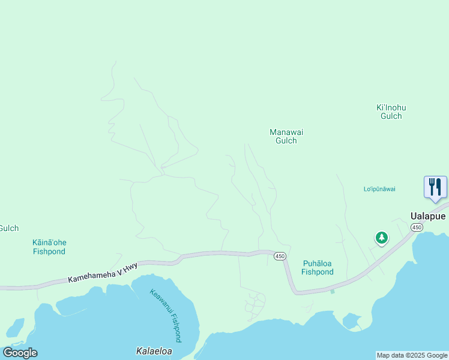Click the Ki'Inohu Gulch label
point(391,112)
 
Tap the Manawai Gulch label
point(283,136)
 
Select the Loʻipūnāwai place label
point(379,189)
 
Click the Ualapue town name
point(427,216)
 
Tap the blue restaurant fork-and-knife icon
point(435,187)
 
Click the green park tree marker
point(381,238)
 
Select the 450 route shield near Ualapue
point(417,227)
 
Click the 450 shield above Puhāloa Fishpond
point(279,256)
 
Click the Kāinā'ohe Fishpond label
point(49,247)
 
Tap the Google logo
point(20,353)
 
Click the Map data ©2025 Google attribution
point(412,355)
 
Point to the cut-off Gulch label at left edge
point(9,228)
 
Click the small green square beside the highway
point(332,292)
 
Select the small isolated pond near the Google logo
point(16,327)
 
